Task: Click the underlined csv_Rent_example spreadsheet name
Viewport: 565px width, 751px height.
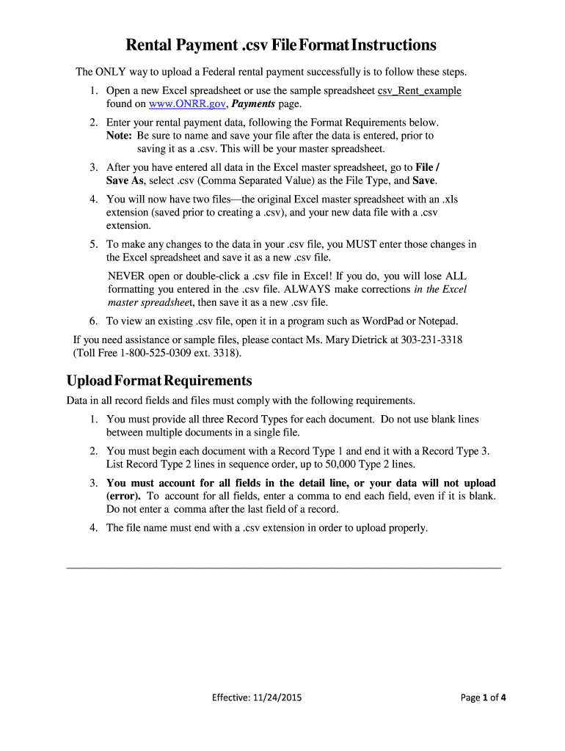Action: pos(419,91)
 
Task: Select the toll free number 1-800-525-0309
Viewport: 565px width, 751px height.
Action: pos(163,353)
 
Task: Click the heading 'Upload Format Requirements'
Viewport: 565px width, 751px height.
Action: pos(159,381)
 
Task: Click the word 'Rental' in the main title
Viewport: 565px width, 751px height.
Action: pos(154,45)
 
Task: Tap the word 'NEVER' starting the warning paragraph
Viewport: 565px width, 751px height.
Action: pos(126,276)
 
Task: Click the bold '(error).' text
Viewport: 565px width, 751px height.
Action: pos(124,496)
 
